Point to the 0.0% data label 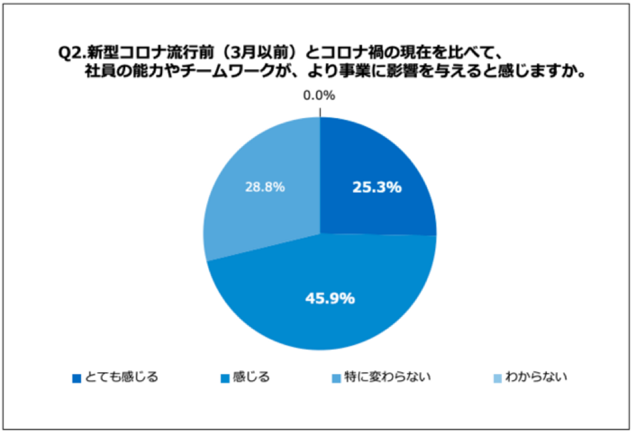coord(319,95)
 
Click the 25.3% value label coord(377,187)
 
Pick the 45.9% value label coord(330,299)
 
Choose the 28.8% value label coord(265,187)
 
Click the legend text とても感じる coord(121,377)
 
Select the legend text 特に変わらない coord(387,377)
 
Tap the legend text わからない coord(536,377)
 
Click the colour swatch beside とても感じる coord(77,379)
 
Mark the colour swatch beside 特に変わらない coord(337,379)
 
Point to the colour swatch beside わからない coord(498,379)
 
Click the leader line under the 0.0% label coord(320,111)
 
